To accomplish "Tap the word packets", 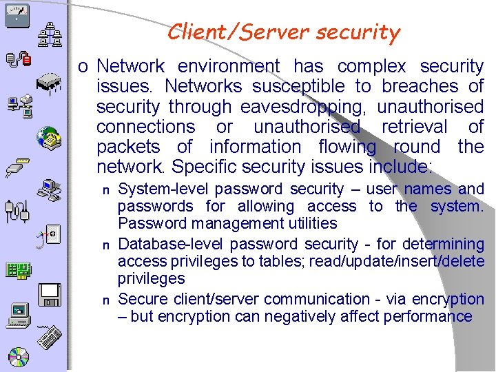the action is click(x=128, y=147).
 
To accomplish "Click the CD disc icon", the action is click(x=19, y=357).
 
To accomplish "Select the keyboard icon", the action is click(x=50, y=340).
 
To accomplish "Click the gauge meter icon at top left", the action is click(x=16, y=14).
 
